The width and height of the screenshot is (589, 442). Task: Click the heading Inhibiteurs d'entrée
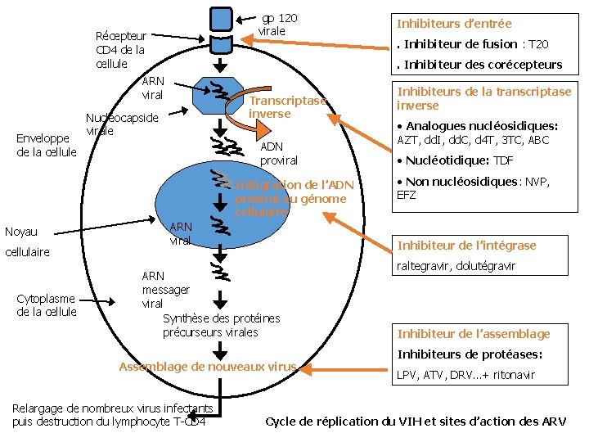pyautogui.click(x=454, y=24)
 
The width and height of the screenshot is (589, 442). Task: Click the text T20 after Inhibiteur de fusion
pyautogui.click(x=537, y=44)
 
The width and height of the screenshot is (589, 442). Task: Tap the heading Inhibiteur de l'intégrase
pyautogui.click(x=466, y=246)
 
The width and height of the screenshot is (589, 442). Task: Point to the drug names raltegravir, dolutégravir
pyautogui.click(x=456, y=266)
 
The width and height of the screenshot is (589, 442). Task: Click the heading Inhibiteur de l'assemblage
pyautogui.click(x=474, y=333)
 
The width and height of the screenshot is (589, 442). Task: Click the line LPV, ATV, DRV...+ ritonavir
pyautogui.click(x=465, y=375)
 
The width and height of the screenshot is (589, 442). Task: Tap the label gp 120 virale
pyautogui.click(x=278, y=25)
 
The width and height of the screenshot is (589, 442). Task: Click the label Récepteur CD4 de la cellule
pyautogui.click(x=120, y=50)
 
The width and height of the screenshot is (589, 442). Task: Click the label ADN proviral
pyautogui.click(x=279, y=153)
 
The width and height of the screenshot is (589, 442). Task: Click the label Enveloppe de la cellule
pyautogui.click(x=47, y=146)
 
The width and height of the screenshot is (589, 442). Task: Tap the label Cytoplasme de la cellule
pyautogui.click(x=47, y=305)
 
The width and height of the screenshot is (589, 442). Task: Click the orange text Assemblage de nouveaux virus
pyautogui.click(x=208, y=367)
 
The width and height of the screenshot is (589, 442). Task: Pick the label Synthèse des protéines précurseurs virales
pyautogui.click(x=221, y=325)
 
